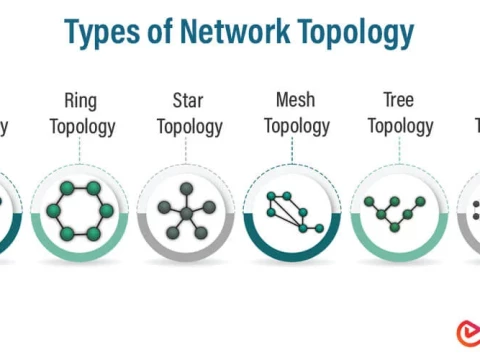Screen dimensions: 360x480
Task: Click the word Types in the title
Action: click(105, 33)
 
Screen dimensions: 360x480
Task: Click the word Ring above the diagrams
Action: click(80, 100)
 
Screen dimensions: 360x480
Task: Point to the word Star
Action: click(188, 100)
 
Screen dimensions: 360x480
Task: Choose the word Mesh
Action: click(295, 100)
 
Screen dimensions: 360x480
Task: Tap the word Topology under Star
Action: click(188, 126)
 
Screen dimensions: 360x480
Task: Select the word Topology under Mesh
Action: click(295, 126)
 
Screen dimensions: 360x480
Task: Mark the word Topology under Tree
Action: click(400, 126)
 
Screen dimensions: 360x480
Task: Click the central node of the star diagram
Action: click(186, 213)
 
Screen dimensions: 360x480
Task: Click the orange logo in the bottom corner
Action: click(464, 333)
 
